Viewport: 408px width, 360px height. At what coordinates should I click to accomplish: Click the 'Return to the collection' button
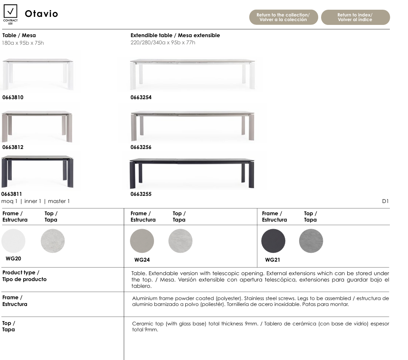(x=283, y=17)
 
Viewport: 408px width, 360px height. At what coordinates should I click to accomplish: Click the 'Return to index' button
(x=355, y=17)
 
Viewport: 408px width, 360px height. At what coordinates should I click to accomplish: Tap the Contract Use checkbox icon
(x=11, y=11)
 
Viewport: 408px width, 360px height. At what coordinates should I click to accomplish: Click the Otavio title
(x=41, y=14)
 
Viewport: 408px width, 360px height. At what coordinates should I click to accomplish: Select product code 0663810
(x=13, y=97)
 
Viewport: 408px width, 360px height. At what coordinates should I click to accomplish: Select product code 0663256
(x=141, y=147)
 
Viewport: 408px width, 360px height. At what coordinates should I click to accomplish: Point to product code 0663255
(x=141, y=194)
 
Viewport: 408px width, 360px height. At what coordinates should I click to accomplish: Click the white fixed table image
(x=38, y=74)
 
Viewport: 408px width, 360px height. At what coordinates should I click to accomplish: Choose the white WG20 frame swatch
(x=14, y=241)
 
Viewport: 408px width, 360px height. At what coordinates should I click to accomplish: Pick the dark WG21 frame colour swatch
(x=273, y=241)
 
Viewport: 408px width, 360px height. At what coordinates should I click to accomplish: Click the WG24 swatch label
(x=142, y=260)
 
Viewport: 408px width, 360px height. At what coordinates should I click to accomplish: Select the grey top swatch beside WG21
(x=311, y=241)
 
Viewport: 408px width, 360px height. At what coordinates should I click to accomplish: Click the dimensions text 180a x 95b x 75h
(x=23, y=43)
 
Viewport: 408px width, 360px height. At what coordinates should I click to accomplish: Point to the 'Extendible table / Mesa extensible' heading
(x=175, y=35)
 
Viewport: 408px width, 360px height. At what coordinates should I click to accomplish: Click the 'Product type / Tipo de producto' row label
(x=24, y=276)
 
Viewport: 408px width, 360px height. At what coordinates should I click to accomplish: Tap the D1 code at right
(x=385, y=201)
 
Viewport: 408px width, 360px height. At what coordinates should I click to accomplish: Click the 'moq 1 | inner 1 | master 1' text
(x=36, y=201)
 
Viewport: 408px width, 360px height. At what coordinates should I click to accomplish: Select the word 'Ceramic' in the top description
(x=142, y=324)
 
